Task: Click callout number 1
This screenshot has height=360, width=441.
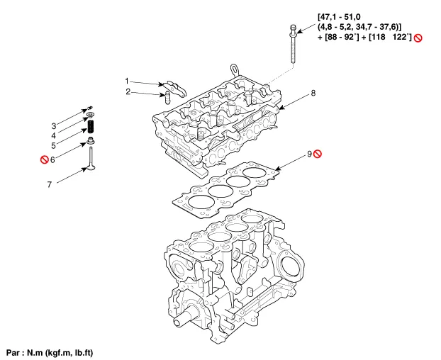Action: pos(127,81)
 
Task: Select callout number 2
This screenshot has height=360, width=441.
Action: pos(128,92)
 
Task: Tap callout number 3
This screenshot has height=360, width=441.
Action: pos(54,125)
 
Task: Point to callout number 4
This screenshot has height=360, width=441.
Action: pos(53,136)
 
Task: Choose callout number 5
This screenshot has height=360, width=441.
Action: pos(53,145)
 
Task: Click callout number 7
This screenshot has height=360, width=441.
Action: pos(50,184)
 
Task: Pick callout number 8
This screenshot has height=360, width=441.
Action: pos(313,93)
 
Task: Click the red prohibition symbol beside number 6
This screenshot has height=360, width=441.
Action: pos(45,159)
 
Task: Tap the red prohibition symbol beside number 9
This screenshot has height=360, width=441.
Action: pos(318,154)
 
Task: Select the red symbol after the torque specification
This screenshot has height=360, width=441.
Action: pos(418,38)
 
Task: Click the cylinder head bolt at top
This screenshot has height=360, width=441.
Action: pos(293,44)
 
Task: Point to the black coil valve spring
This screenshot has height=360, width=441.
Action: pos(91,126)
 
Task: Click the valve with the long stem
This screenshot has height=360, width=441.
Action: pos(91,159)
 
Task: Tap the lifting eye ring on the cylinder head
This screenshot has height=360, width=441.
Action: pos(234,69)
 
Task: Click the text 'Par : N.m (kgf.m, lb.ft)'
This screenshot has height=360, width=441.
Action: pos(50,352)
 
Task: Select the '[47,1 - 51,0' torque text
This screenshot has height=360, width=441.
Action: pos(339,17)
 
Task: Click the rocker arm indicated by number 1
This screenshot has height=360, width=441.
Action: pos(175,88)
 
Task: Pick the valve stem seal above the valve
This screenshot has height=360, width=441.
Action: pos(91,140)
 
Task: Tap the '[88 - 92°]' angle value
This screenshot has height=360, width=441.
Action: pos(342,37)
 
